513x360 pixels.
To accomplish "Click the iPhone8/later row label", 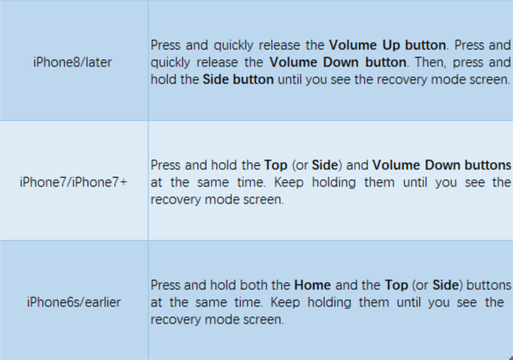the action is pos(73,62).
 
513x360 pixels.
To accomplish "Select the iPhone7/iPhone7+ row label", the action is pos(73,182).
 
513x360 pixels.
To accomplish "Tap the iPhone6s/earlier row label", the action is pos(73,302).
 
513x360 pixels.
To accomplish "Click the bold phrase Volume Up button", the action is pos(388,45).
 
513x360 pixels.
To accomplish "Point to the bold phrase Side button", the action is pos(238,79).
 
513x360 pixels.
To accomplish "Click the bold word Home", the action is pos(312,285).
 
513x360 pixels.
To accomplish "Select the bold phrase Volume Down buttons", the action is pos(442,165).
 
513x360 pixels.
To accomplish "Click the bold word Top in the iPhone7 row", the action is pos(276,165).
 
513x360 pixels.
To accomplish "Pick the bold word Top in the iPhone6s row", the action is pos(396,285).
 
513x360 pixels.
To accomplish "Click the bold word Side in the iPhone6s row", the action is pos(446,285).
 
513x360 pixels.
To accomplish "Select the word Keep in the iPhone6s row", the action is pos(285,302).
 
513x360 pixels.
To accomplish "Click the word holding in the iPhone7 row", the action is pos(333,183).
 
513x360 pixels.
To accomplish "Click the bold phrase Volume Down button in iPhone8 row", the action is pos(338,62).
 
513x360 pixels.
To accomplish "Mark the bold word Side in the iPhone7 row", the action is pos(325,165).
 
